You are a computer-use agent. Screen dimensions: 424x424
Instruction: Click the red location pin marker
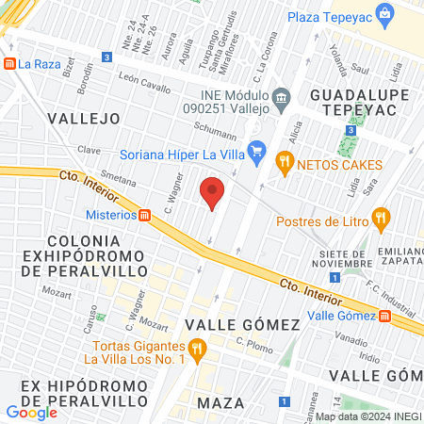point(213,192)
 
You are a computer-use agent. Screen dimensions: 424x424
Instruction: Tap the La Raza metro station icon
point(10,64)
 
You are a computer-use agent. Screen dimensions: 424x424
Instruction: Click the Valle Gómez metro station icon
point(386,317)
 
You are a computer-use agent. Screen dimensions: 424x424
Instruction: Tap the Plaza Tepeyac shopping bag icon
point(383,14)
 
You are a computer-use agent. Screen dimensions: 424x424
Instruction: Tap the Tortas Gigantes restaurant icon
point(196,351)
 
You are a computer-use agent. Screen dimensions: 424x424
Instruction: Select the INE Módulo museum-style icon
point(281,98)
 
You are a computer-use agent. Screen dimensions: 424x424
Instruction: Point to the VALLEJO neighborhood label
point(83,119)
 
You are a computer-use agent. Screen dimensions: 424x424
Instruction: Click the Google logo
point(31,411)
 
